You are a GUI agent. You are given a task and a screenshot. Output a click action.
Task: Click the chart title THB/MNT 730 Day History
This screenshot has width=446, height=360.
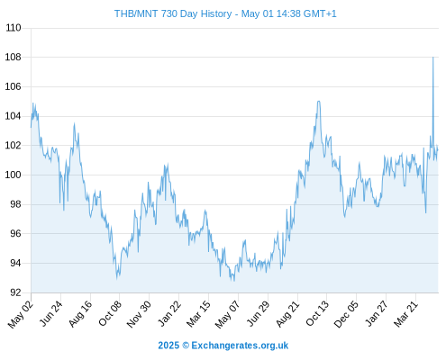pos(173,13)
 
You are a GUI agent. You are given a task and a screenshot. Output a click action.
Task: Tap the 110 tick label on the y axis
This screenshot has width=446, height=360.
pos(14,28)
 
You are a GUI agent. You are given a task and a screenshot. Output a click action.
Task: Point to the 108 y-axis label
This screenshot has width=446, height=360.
pos(14,57)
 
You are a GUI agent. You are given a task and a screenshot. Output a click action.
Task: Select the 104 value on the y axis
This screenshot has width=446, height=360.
pos(14,116)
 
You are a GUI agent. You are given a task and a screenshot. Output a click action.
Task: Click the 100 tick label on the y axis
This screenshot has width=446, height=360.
pos(14,175)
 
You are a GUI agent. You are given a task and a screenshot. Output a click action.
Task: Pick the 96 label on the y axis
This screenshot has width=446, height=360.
pos(15,233)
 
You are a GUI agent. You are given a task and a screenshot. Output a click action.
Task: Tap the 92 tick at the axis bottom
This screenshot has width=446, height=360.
pos(15,292)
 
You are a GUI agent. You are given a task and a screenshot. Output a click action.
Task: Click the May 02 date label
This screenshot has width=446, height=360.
pos(21,314)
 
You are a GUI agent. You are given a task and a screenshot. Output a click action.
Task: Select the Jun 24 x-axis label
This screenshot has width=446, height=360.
pos(51,313)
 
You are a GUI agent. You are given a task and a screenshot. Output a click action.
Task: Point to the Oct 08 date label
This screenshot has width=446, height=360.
pos(110,313)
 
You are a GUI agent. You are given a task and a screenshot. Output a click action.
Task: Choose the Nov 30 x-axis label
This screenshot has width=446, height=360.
pos(139,314)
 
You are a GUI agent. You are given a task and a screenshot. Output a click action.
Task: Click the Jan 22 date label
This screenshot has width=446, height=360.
pos(169,313)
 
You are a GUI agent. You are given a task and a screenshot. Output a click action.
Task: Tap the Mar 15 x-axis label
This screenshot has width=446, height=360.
pos(198,314)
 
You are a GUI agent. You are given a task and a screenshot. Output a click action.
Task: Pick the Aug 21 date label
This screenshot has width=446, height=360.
pos(287,314)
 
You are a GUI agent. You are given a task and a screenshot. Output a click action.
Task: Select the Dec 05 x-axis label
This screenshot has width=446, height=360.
pos(346,314)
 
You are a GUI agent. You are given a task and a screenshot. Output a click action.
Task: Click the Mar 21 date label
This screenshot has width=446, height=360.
pos(405,314)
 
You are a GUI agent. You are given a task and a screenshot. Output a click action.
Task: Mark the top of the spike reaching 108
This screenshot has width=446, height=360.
pos(432,57)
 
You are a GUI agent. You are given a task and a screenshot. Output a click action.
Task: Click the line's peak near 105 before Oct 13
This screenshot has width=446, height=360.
pos(318,102)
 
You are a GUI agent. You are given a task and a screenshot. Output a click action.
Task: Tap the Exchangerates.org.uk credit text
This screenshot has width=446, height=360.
pos(240,346)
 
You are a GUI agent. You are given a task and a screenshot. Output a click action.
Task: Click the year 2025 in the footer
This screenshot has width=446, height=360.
pos(168,346)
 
